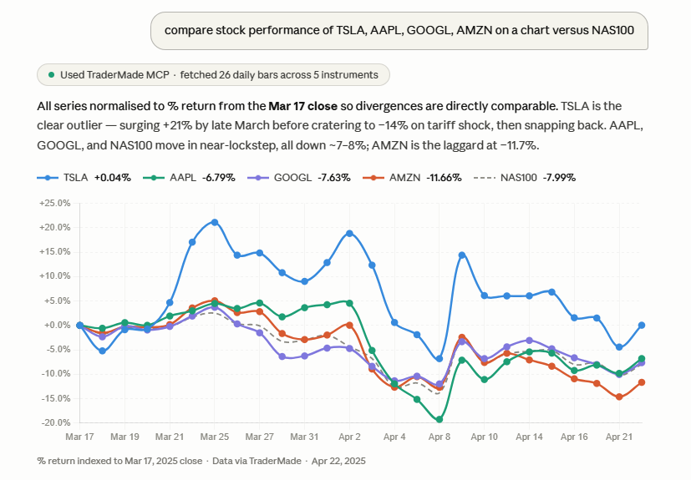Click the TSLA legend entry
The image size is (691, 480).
coord(84,178)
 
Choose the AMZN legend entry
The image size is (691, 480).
coord(414,178)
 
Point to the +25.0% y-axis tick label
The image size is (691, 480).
coord(54,203)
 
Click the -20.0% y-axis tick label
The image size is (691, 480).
coord(54,423)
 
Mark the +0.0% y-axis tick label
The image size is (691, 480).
coord(56,326)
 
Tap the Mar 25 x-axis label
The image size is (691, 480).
coord(215,437)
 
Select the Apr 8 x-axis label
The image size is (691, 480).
coord(439,437)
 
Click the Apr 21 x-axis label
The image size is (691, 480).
coord(619,437)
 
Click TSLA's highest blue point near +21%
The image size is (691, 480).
coord(215,222)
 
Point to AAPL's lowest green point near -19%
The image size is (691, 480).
coord(439,419)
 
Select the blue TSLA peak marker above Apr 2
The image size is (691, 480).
coord(349,233)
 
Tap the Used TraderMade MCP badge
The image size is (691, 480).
coord(213,75)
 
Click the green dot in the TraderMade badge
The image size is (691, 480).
coord(52,75)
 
